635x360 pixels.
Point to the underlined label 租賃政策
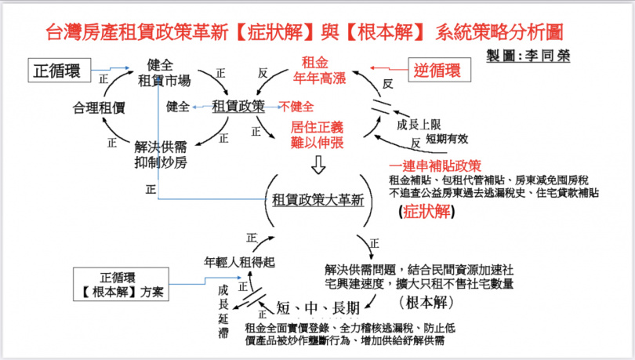tap(238, 106)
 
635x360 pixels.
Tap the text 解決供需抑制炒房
tap(161, 153)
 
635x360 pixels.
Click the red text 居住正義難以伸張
tap(317, 134)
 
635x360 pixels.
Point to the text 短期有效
tap(447, 139)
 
